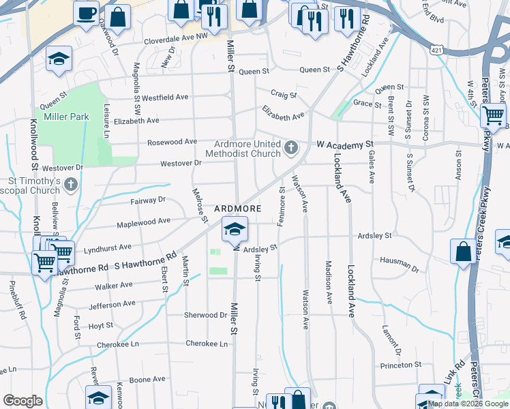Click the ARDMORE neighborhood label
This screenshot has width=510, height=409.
pyautogui.click(x=239, y=208)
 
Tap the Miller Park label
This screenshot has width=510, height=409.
pyautogui.click(x=67, y=117)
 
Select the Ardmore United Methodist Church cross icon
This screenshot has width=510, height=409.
pyautogui.click(x=291, y=147)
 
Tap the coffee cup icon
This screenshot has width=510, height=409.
pyautogui.click(x=87, y=14)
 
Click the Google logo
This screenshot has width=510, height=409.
pyautogui.click(x=22, y=401)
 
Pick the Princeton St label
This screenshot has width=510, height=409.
pyautogui.click(x=402, y=365)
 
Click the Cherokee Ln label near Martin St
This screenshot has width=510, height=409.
pyautogui.click(x=207, y=344)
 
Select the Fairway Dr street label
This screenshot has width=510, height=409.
pyautogui.click(x=148, y=200)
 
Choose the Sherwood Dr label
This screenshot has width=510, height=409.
pyautogui.click(x=205, y=315)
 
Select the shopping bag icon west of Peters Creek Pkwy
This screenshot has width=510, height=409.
pyautogui.click(x=463, y=252)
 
